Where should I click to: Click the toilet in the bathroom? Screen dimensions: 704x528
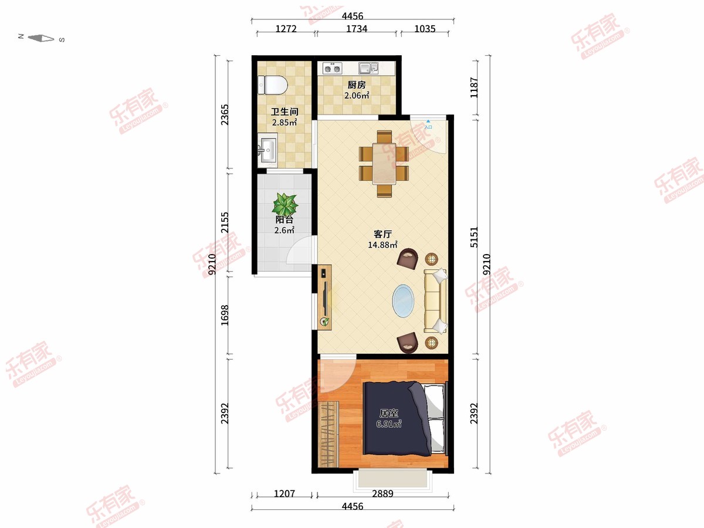(x=273, y=85)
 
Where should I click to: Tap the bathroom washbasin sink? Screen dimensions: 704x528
(x=268, y=150)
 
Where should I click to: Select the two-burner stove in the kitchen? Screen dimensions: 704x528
(x=332, y=68)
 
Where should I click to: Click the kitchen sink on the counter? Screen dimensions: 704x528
(x=368, y=68)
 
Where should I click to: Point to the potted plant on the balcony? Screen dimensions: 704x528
(x=285, y=204)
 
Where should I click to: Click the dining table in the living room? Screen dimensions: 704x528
(x=384, y=164)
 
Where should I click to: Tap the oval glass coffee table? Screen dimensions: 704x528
(x=403, y=301)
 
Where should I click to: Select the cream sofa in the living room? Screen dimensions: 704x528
(x=435, y=301)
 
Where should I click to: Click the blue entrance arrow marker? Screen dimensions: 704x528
(x=428, y=121)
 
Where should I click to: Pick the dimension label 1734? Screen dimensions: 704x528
(x=357, y=29)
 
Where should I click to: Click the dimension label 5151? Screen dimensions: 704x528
(x=474, y=237)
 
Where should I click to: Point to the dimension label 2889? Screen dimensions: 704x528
(x=383, y=493)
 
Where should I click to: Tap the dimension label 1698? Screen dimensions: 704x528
(x=225, y=315)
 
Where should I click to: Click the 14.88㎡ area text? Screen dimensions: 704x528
(x=383, y=245)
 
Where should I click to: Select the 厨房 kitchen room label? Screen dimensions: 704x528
(x=357, y=85)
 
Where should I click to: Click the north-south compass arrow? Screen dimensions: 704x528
(x=40, y=39)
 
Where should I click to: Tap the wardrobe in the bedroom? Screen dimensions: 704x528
(x=328, y=434)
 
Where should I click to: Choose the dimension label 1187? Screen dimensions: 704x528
(x=474, y=88)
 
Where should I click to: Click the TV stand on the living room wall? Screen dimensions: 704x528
(x=324, y=297)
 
